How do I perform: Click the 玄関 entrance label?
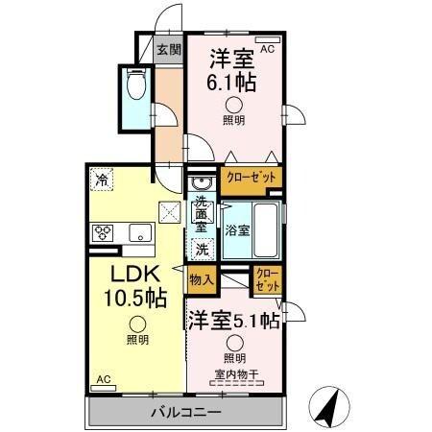click(x=169, y=51)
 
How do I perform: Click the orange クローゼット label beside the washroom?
click(x=252, y=178)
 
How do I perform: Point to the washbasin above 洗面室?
click(x=202, y=183)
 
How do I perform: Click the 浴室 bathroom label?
click(x=238, y=230)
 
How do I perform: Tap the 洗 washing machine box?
click(x=202, y=249)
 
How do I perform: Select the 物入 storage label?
click(x=200, y=280)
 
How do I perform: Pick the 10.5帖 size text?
click(x=134, y=298)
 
